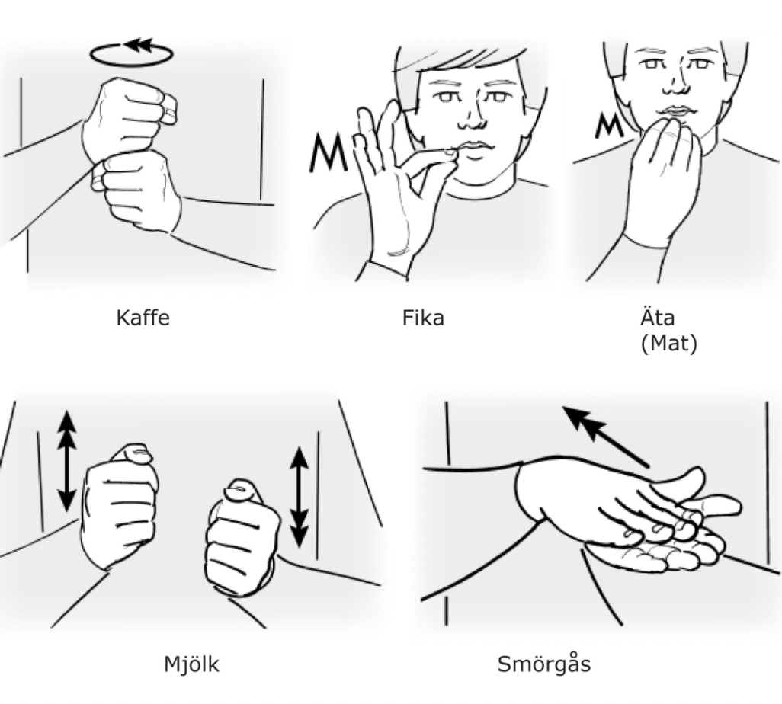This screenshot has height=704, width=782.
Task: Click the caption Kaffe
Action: (143, 318)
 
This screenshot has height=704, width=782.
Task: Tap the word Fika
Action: (423, 318)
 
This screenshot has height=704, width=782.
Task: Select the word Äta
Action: (657, 317)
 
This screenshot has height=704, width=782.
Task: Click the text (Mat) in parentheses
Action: (668, 344)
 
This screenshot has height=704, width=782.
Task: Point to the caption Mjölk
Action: (191, 664)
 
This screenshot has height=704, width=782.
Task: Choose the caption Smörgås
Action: (544, 664)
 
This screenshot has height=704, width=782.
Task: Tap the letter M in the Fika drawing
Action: (328, 152)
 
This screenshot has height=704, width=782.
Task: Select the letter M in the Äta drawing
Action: (608, 126)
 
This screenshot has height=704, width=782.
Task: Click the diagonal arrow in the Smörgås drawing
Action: (605, 437)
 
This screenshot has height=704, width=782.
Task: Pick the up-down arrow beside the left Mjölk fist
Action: (67, 461)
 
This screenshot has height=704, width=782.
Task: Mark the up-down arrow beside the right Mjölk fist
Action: (299, 497)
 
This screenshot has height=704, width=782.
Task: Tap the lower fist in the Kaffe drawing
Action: (136, 191)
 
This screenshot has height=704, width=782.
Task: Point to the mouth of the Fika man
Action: (476, 146)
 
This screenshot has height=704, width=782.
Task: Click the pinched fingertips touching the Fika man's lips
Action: (450, 153)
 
